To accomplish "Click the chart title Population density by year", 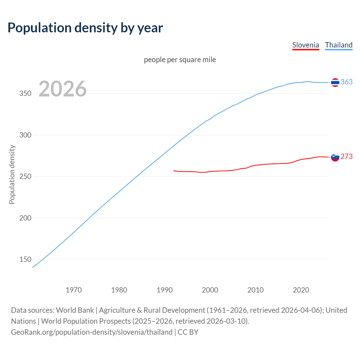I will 85,28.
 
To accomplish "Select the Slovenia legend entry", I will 305,45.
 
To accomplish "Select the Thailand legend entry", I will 339,45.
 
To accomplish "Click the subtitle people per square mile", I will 180,60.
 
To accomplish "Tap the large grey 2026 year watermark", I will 62,89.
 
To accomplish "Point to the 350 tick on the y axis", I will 25,94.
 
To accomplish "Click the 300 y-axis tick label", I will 25,135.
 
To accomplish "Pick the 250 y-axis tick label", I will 25,177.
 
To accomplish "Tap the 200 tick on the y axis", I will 25,218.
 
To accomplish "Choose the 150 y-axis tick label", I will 25,260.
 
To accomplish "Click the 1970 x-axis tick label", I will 74,290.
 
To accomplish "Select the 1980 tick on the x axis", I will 119,290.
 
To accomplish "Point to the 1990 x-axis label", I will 165,290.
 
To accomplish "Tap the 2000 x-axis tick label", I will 210,290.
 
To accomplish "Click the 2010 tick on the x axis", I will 255,290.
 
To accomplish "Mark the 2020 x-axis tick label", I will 301,290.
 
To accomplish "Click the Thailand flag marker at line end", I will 335,82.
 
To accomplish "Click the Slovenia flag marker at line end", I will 335,157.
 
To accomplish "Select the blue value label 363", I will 346,82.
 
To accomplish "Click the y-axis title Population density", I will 12,174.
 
